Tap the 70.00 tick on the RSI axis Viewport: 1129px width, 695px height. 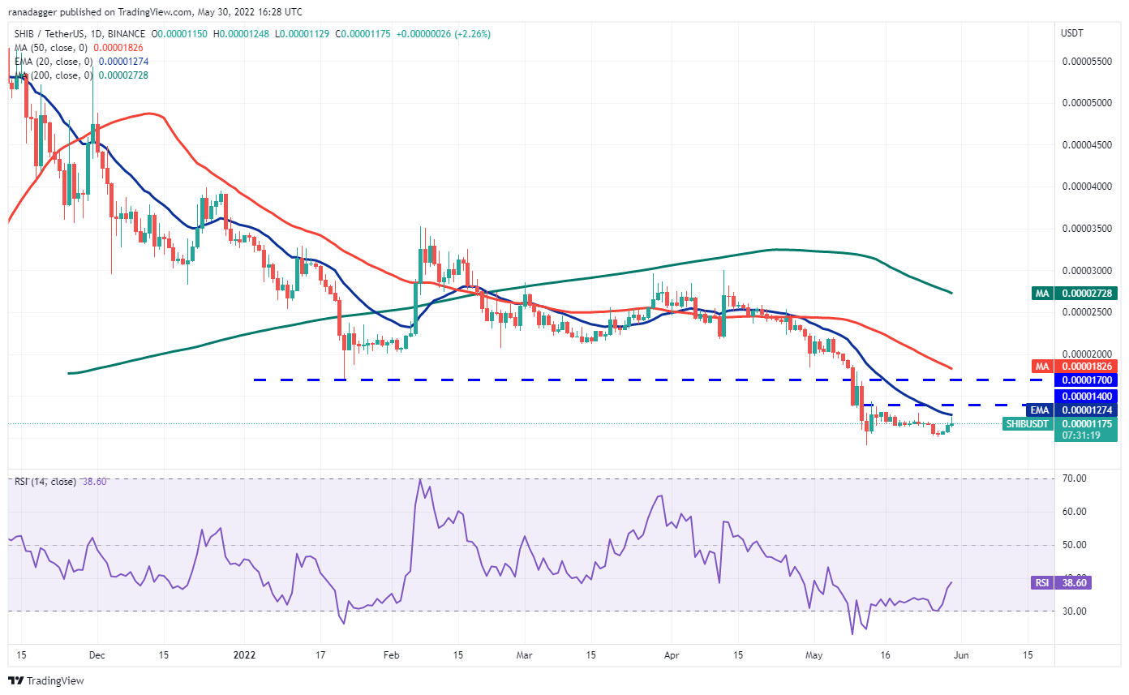(x=1074, y=478)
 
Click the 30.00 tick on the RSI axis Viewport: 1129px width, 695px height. (x=1074, y=611)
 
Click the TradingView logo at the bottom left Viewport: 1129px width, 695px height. (x=46, y=680)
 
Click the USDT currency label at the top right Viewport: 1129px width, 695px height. (x=1071, y=33)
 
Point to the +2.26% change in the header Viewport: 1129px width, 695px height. (x=472, y=34)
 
